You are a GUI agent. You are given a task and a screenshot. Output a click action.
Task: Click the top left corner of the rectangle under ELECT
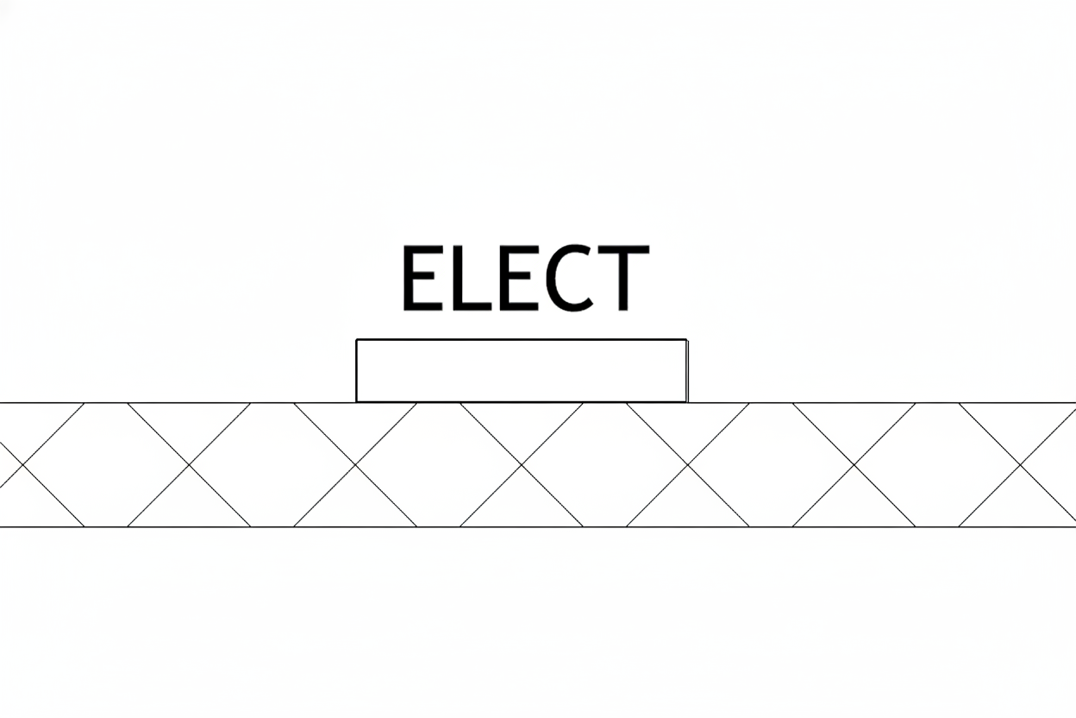[356, 340]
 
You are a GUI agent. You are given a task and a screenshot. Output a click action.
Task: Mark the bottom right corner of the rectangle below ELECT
[687, 401]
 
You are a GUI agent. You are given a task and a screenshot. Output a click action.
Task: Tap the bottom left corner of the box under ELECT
[356, 401]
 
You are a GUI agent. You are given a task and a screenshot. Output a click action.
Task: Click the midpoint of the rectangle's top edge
[522, 340]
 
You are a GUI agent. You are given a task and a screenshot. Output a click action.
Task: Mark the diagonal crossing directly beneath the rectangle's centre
[522, 464]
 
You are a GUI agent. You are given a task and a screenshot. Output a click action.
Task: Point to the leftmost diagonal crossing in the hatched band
[22, 464]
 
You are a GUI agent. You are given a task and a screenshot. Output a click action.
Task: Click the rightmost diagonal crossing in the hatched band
[1020, 464]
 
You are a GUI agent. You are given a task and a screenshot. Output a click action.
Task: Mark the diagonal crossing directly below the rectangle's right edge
[688, 464]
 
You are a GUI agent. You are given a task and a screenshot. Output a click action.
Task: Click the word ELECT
[526, 278]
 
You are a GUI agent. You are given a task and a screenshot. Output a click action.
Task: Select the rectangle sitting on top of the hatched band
[522, 371]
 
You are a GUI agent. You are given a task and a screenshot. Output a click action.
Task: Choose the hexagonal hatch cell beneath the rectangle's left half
[439, 464]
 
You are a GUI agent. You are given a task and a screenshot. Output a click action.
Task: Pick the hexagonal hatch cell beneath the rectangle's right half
[604, 464]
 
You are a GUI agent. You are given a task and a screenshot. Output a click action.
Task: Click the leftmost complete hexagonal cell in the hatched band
[106, 464]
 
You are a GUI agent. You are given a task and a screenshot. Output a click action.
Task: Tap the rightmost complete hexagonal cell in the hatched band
[937, 464]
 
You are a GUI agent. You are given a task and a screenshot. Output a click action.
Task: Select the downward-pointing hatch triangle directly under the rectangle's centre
[522, 425]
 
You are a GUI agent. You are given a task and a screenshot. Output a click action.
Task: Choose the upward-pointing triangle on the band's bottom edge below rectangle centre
[522, 506]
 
